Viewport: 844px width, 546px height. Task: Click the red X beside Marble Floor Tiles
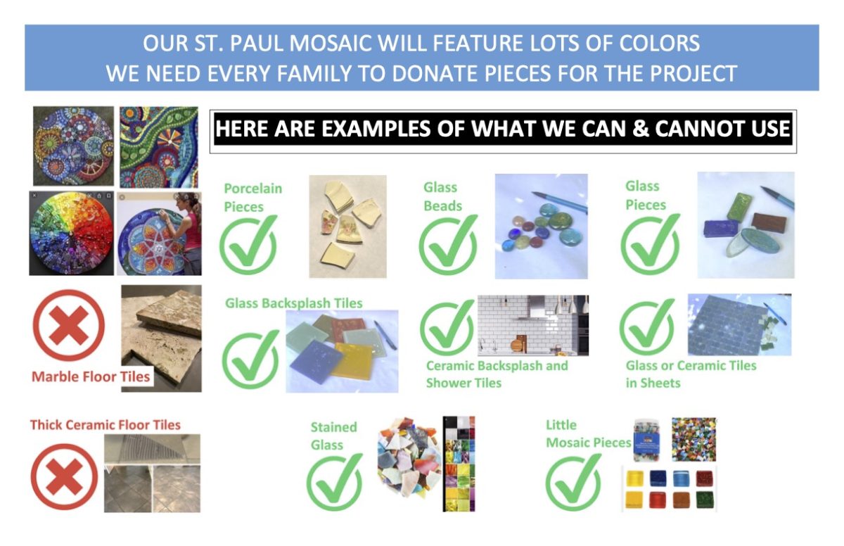tap(69, 325)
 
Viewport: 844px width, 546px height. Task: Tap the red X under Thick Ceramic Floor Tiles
tap(64, 476)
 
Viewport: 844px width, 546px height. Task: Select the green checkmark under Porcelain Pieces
tap(248, 243)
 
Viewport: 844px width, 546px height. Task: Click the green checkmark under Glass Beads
tap(448, 244)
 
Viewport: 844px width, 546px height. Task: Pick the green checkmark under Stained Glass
tap(334, 482)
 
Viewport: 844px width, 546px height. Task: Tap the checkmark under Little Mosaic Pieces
tap(573, 482)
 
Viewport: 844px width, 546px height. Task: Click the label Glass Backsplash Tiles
tap(293, 303)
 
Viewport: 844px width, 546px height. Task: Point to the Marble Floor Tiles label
tap(91, 376)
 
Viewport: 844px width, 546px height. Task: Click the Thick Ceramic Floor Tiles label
tap(105, 425)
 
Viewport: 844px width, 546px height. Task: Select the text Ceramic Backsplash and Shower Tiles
tap(497, 374)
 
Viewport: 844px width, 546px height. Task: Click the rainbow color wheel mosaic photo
tap(72, 234)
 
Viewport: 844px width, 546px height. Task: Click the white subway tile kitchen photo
tap(533, 325)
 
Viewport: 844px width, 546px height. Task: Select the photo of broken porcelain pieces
tap(347, 227)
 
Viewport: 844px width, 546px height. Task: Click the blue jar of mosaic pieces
tap(647, 440)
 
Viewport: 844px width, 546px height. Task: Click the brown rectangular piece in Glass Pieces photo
tap(769, 222)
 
